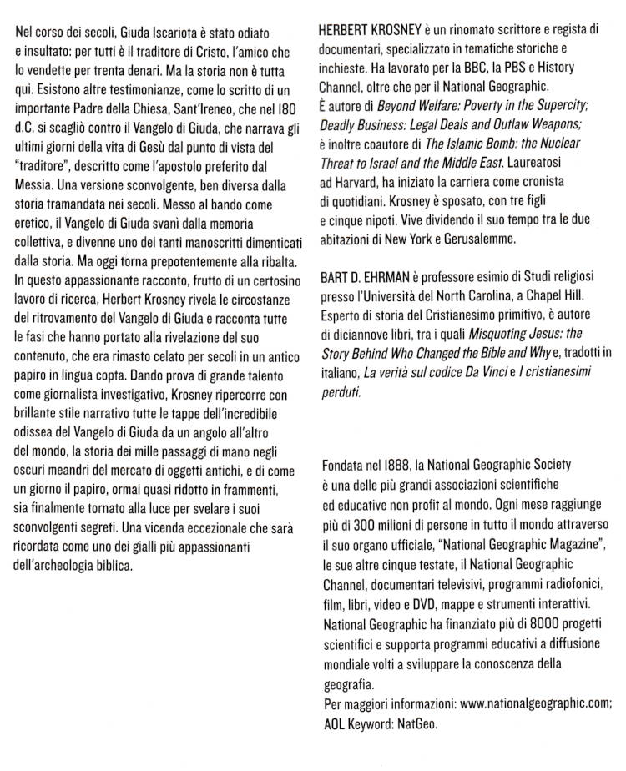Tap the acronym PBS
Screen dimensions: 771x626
[521, 66]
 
